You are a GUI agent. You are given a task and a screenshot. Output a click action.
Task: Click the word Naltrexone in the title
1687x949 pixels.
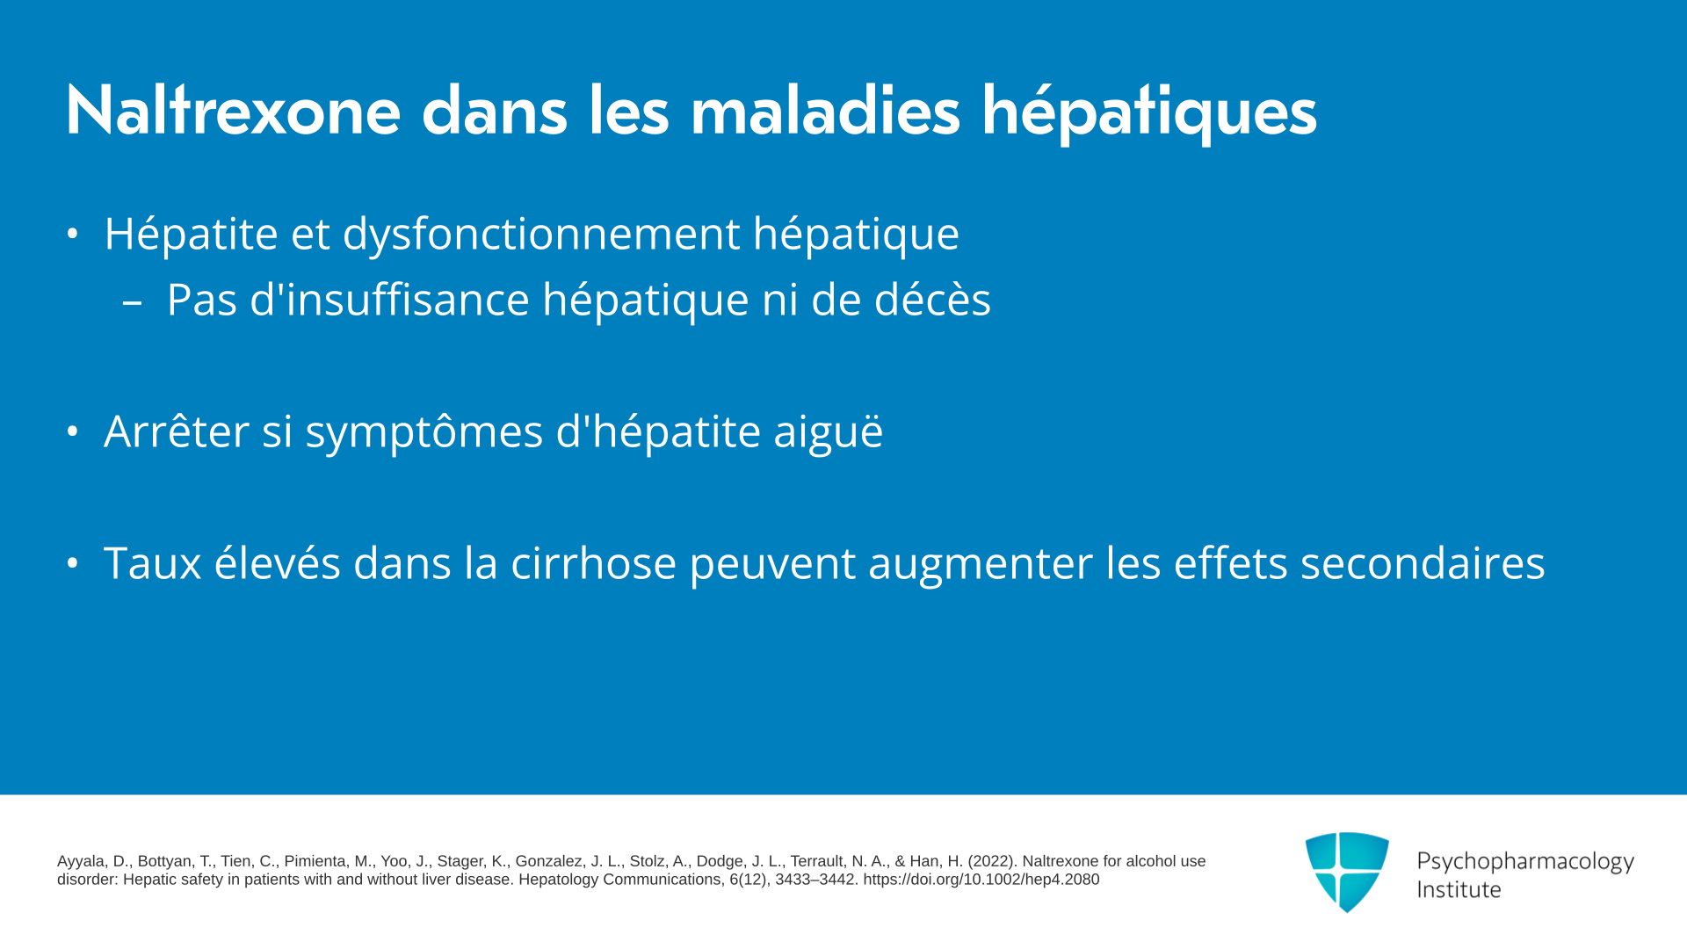(x=233, y=111)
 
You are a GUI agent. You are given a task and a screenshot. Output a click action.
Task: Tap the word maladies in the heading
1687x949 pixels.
(x=825, y=111)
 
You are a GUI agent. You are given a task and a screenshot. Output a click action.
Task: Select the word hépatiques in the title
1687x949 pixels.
(x=1148, y=114)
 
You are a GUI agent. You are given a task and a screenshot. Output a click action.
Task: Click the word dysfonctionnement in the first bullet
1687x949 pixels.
(x=541, y=234)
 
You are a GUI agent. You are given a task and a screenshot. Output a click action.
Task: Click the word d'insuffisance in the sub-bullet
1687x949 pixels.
(x=390, y=300)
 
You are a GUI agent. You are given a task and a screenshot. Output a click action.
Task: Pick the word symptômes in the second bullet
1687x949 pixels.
(x=424, y=432)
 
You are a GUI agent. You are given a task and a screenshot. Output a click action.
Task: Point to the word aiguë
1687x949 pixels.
(x=828, y=432)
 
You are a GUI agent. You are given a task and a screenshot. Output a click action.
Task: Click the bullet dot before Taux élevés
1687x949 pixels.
(x=73, y=562)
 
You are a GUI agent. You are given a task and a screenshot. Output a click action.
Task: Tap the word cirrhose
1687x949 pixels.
(x=594, y=562)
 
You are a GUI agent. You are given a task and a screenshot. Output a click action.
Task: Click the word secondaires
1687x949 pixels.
(x=1423, y=562)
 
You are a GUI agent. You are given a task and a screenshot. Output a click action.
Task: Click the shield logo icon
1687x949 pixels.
(x=1347, y=872)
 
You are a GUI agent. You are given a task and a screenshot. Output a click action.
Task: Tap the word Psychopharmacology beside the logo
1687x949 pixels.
(x=1525, y=862)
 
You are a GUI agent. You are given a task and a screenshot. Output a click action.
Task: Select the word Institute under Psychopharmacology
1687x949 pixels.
(x=1459, y=889)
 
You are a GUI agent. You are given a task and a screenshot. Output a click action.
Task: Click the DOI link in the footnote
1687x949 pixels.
(x=981, y=880)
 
